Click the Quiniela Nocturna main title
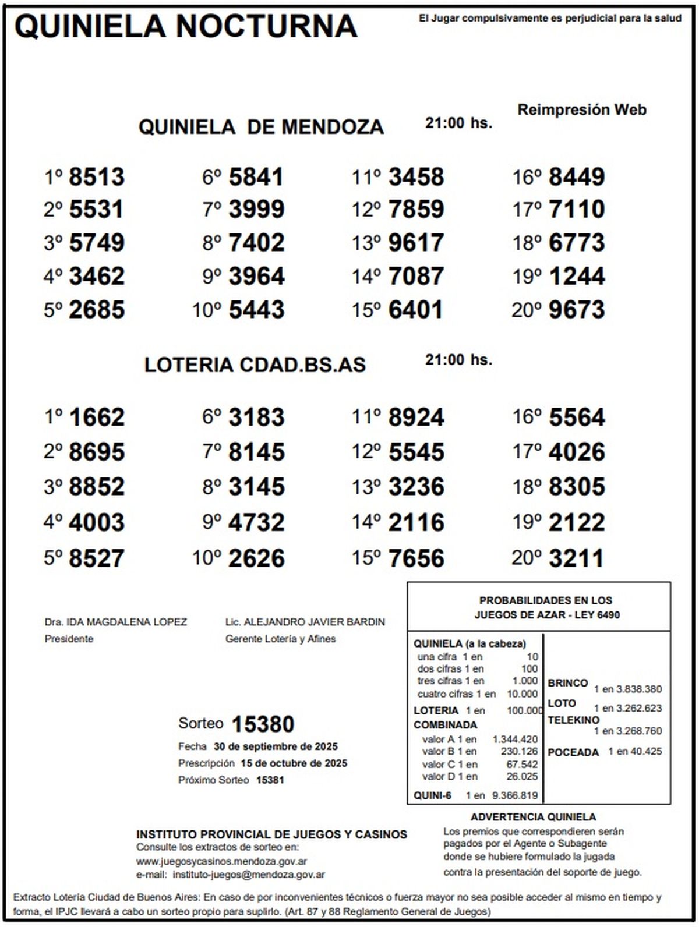coord(185,26)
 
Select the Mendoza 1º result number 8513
coord(97,177)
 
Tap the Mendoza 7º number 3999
coord(256,210)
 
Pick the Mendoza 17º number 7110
coord(577,210)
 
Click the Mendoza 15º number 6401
coord(416,310)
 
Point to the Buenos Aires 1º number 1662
coord(97,417)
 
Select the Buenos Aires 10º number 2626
coord(256,558)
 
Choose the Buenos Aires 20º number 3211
coord(577,558)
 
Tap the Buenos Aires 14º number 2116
coord(416,522)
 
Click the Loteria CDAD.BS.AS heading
coord(255,365)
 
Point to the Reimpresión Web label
coord(582,110)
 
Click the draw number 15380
coord(263,724)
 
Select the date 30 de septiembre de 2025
coord(276,746)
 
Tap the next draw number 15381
coord(270,780)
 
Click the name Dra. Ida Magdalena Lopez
coord(116,622)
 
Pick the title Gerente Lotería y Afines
coord(280,639)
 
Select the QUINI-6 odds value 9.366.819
coord(515,795)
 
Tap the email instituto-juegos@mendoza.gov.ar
coord(249,874)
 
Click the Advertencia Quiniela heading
coord(533,817)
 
